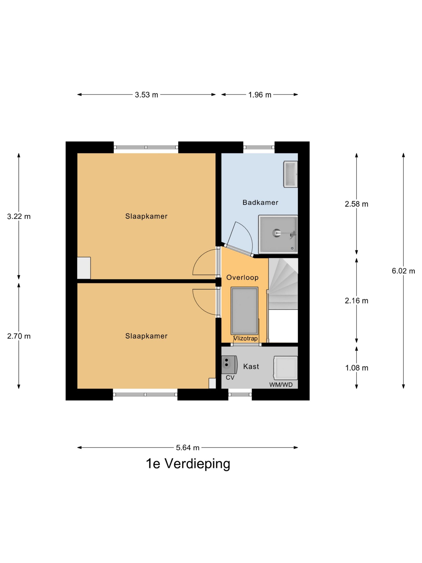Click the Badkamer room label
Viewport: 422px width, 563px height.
(260, 203)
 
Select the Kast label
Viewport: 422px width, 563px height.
(251, 367)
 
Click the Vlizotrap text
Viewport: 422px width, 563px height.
(246, 338)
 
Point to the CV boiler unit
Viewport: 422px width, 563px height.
(229, 365)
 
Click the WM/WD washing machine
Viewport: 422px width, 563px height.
(286, 368)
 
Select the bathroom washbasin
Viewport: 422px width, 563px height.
(291, 174)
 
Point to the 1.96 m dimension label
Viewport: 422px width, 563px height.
(260, 95)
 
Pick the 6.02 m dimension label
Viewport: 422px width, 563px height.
(403, 271)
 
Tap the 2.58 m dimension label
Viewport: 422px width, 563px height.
(356, 204)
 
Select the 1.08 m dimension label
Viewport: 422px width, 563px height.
(356, 368)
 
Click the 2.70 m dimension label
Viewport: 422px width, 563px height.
(19, 336)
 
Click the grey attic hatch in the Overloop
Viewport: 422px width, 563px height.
(244, 311)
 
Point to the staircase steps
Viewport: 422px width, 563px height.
(283, 283)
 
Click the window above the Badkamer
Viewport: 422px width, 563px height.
(259, 147)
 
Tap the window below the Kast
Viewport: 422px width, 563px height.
(240, 395)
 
